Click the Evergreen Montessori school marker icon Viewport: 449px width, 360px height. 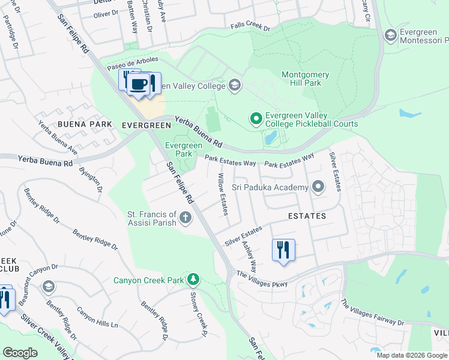click(x=391, y=36)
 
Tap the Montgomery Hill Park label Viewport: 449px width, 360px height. click(x=305, y=79)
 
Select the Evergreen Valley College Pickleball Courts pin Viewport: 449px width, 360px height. click(x=256, y=119)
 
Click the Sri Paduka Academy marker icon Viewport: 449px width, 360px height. click(x=318, y=187)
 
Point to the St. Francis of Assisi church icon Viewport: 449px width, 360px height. click(x=185, y=218)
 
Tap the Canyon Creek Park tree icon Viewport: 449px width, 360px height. click(x=193, y=279)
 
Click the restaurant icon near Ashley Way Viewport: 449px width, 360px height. click(x=283, y=249)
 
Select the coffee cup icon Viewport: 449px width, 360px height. click(x=139, y=84)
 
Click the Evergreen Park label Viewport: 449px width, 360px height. click(x=184, y=149)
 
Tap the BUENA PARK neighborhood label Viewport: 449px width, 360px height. click(x=85, y=124)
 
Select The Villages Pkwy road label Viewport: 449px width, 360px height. click(x=262, y=279)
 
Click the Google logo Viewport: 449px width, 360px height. click(x=20, y=353)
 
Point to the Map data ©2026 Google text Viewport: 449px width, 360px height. click(x=411, y=355)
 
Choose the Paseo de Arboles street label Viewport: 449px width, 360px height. click(x=133, y=63)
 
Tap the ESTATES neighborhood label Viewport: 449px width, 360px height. click(x=307, y=215)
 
